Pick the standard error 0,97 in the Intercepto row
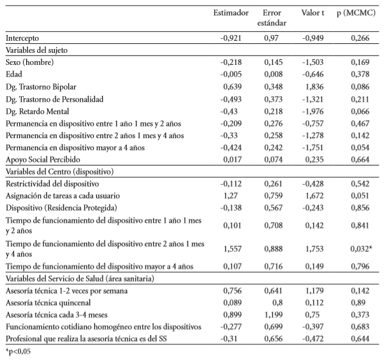point(272,38)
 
